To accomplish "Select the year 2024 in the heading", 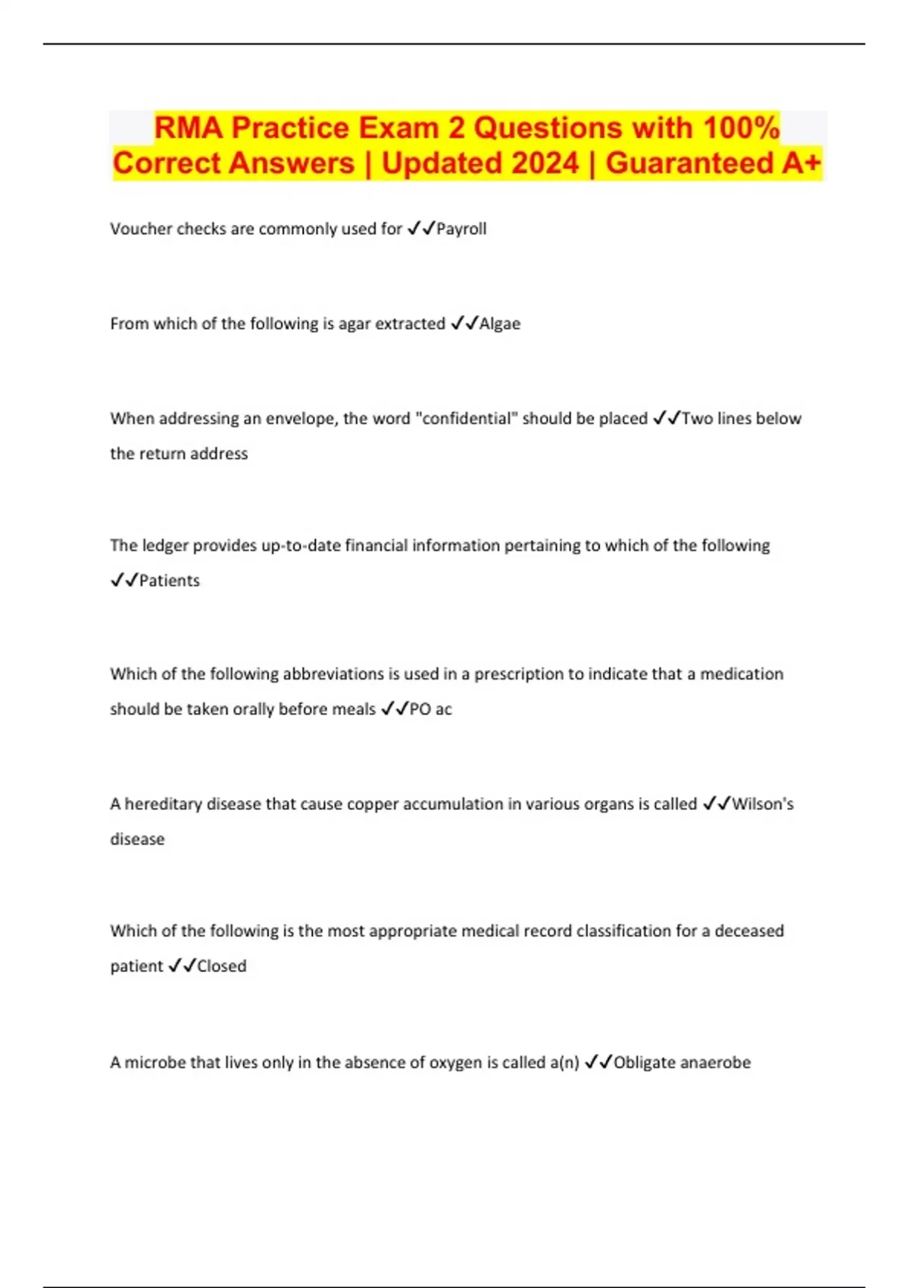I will (539, 163).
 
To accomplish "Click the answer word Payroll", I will (461, 229).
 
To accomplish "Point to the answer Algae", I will (500, 324).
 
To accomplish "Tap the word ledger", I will (165, 546).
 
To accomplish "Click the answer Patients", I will (170, 580).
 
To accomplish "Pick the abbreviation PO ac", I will (430, 709).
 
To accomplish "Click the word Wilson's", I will (763, 804).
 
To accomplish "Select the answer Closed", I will (222, 966).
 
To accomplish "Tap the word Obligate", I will (645, 1062).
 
